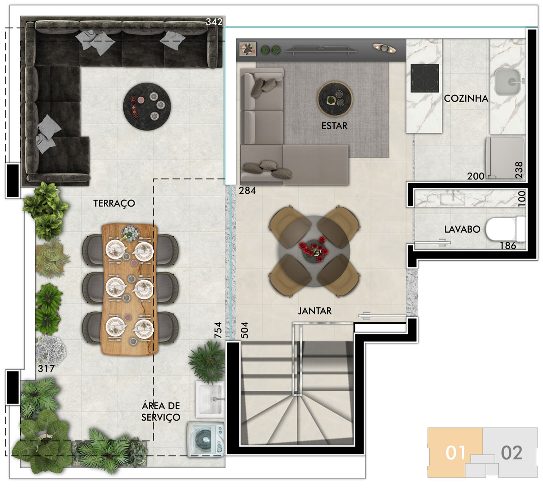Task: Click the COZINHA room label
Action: (466, 99)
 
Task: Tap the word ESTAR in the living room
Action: (334, 126)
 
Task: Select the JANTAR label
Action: (315, 311)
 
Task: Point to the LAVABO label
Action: (462, 229)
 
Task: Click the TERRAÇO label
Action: (114, 203)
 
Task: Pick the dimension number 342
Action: (214, 22)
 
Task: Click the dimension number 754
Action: (218, 330)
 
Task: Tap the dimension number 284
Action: (247, 190)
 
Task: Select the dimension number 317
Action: (46, 368)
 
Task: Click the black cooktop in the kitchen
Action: (425, 78)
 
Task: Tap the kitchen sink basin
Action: (508, 82)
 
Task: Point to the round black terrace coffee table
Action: (147, 107)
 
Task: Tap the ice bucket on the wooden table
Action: (130, 233)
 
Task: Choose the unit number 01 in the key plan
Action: (455, 453)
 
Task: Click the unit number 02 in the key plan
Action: (511, 453)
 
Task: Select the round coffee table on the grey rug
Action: (335, 99)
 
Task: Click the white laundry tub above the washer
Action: (210, 399)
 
